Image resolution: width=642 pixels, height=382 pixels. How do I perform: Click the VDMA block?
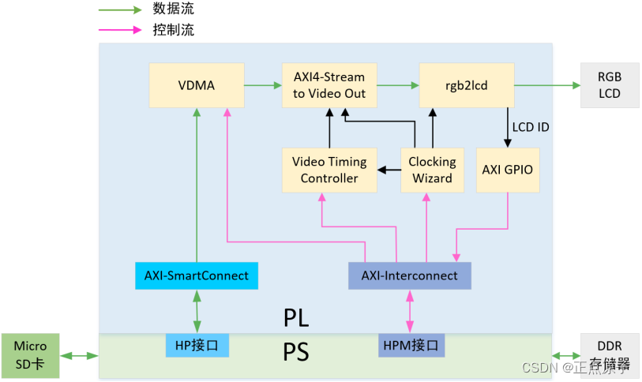(196, 85)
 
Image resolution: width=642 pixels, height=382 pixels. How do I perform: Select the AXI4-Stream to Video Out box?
(329, 85)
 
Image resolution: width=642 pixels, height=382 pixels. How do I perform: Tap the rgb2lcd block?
(466, 85)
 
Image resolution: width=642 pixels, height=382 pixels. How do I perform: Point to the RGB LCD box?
(609, 85)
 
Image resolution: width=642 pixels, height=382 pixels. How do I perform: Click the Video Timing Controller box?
(329, 170)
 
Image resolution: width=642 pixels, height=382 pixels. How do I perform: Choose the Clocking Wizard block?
(432, 170)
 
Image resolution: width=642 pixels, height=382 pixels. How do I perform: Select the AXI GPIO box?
(508, 170)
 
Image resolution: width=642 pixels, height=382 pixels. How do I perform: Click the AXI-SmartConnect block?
(196, 275)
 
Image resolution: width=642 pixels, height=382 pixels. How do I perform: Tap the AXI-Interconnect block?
(409, 275)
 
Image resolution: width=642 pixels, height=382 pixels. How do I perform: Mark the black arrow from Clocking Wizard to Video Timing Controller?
(387, 170)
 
